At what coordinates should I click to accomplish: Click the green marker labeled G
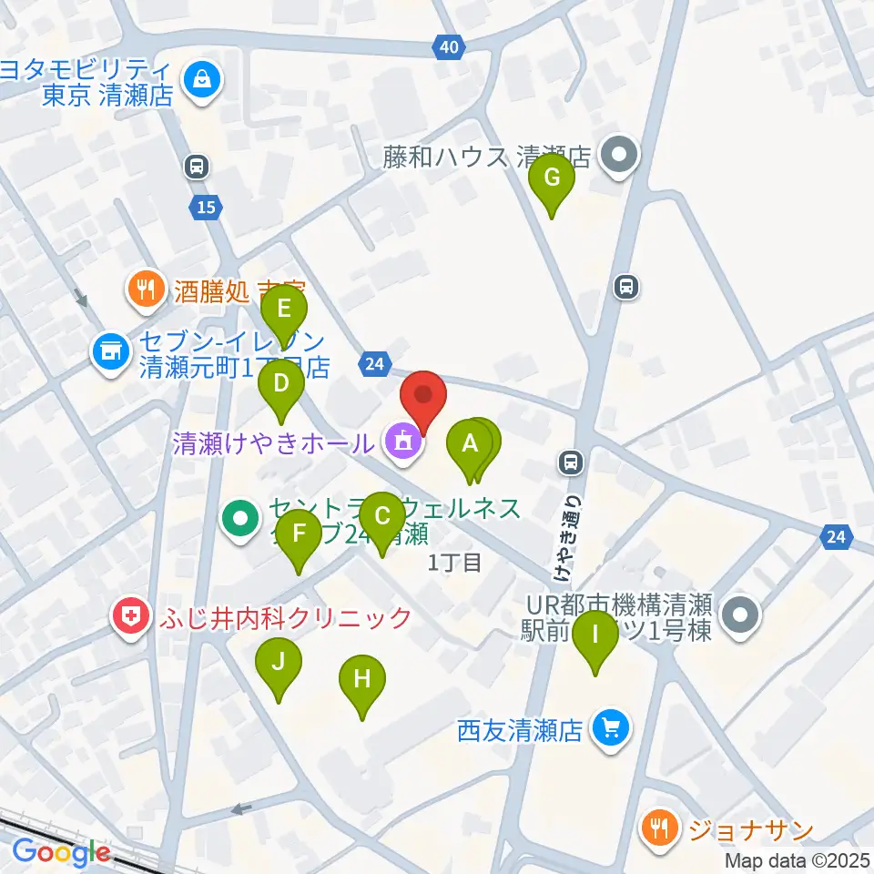[x=552, y=178]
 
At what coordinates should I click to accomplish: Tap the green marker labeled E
[x=284, y=310]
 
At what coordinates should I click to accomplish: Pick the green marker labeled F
[x=299, y=534]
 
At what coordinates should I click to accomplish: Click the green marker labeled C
[x=382, y=515]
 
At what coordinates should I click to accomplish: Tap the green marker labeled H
[x=362, y=679]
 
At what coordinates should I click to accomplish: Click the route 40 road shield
[x=447, y=46]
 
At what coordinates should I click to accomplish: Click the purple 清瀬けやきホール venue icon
[x=401, y=442]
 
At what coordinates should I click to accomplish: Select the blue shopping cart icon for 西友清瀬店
[x=609, y=728]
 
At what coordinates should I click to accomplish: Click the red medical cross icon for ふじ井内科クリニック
[x=131, y=617]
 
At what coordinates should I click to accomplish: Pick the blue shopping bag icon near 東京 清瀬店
[x=198, y=81]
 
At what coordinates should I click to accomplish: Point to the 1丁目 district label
[x=454, y=564]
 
